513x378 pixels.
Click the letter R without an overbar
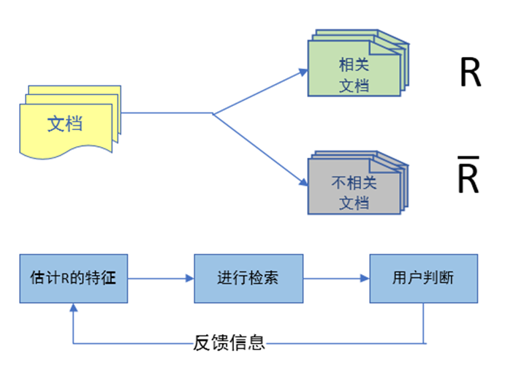coord(470,73)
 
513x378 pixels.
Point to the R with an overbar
coord(468,178)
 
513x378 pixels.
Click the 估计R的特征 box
coord(73,279)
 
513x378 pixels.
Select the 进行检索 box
coord(248,279)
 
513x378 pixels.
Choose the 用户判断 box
coord(423,279)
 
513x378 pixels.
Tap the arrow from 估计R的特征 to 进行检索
coord(161,279)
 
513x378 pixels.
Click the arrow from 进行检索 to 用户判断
coord(336,279)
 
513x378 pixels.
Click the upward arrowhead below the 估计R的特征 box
coord(73,309)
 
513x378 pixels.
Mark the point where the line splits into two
coord(213,113)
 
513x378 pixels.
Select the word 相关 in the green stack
coord(354,64)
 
